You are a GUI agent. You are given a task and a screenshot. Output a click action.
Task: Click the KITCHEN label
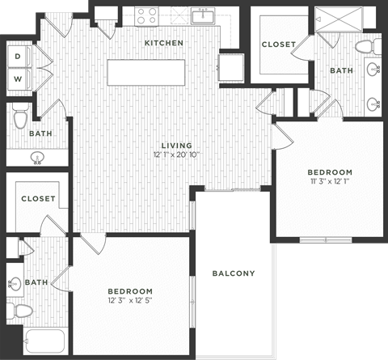[164, 43]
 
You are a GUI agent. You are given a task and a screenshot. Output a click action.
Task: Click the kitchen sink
[202, 16]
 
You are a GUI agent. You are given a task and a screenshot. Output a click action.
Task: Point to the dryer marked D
[18, 57]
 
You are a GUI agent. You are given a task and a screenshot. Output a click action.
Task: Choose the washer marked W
[18, 78]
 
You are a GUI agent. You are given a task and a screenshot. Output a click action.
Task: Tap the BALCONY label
[234, 273]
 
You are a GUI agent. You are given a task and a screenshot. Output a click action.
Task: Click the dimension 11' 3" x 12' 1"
[330, 182]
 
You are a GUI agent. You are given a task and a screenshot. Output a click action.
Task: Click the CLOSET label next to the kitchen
[278, 44]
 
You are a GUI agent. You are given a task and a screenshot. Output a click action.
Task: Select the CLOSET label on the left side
[38, 198]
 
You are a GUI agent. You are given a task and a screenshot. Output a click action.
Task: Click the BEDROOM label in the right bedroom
[330, 172]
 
